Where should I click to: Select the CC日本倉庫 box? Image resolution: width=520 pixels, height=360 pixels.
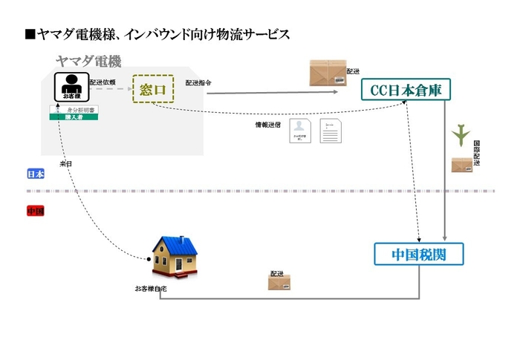(406, 91)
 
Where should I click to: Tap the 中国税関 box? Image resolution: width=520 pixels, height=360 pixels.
(420, 255)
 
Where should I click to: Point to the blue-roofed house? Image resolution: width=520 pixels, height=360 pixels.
(175, 258)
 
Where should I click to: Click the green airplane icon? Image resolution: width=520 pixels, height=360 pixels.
(463, 134)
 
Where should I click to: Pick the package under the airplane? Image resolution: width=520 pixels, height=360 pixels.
(461, 164)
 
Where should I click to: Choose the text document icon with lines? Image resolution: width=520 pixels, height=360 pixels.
(331, 131)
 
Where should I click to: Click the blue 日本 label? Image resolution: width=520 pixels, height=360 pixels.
(35, 174)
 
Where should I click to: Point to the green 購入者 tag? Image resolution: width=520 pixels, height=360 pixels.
(75, 117)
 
